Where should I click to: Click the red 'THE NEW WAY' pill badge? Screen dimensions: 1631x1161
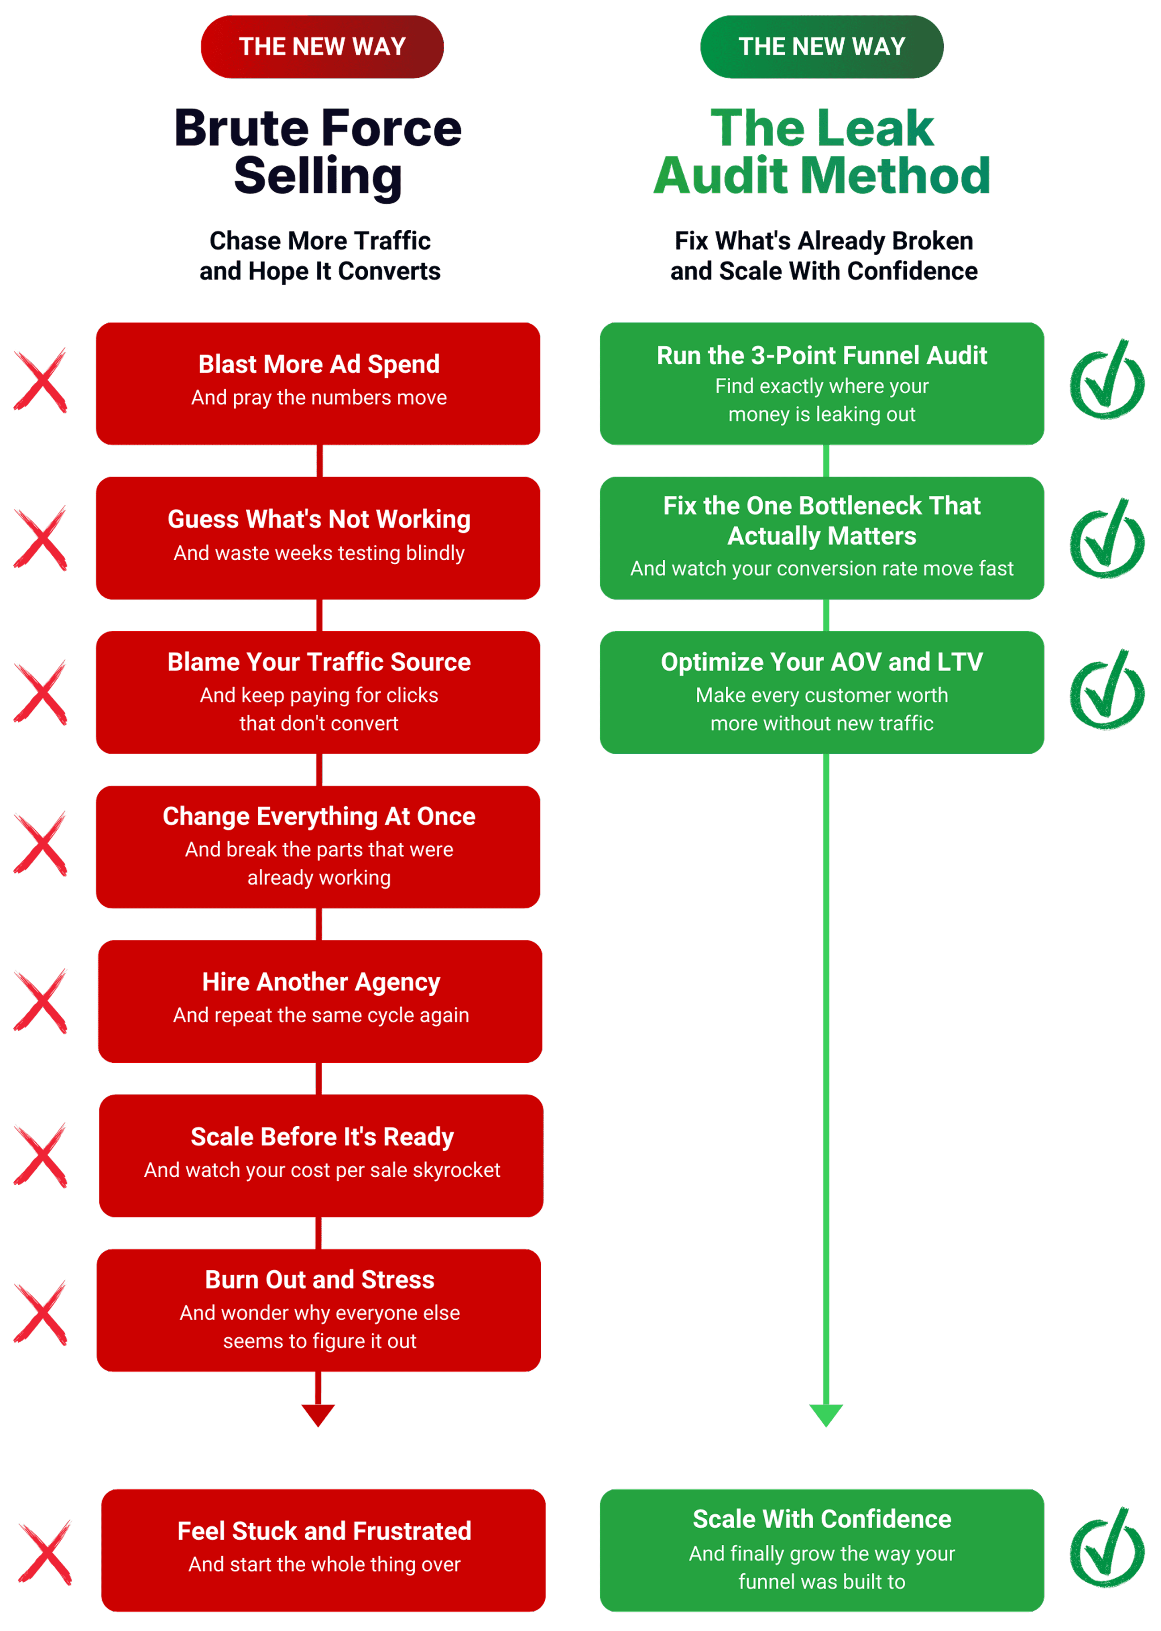coord(322,47)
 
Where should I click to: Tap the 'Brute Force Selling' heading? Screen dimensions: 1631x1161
coord(318,152)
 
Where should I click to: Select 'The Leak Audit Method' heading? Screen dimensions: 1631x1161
coord(822,152)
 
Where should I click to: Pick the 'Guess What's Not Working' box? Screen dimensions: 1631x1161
coord(318,538)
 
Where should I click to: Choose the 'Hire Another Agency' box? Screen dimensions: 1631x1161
coord(320,1001)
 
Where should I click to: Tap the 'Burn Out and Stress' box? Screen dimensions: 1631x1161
coord(319,1310)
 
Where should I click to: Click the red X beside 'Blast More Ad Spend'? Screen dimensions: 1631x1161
coord(41,381)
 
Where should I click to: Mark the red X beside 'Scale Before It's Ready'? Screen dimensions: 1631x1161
coord(41,1155)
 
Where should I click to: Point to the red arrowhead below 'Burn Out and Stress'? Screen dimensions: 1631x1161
coord(318,1414)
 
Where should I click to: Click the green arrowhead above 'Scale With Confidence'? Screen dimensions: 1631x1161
coord(826,1414)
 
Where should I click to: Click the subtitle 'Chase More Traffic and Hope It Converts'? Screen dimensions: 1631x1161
coord(320,256)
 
